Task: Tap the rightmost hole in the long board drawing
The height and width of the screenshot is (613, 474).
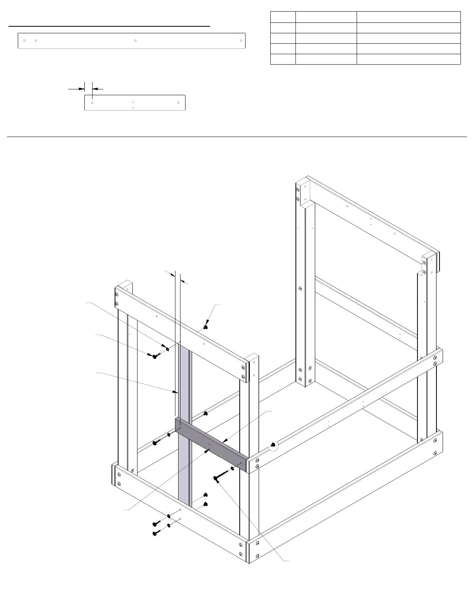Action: pos(241,40)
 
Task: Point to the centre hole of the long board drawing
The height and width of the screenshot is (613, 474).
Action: pos(135,40)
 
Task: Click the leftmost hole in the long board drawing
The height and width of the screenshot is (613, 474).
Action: pos(24,40)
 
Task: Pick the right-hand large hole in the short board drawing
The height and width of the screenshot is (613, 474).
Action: pos(178,103)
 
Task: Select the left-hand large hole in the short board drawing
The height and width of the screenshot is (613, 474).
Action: pos(92,103)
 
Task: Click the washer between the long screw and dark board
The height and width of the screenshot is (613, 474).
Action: pos(232,469)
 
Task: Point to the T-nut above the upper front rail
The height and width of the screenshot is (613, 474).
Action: pos(205,327)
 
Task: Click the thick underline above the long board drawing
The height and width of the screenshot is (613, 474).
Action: pos(109,26)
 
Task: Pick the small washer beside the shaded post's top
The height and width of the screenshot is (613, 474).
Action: pos(167,349)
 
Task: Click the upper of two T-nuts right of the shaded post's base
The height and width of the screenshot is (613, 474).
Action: pos(206,495)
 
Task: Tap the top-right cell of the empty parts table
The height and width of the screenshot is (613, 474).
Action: pos(408,17)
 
